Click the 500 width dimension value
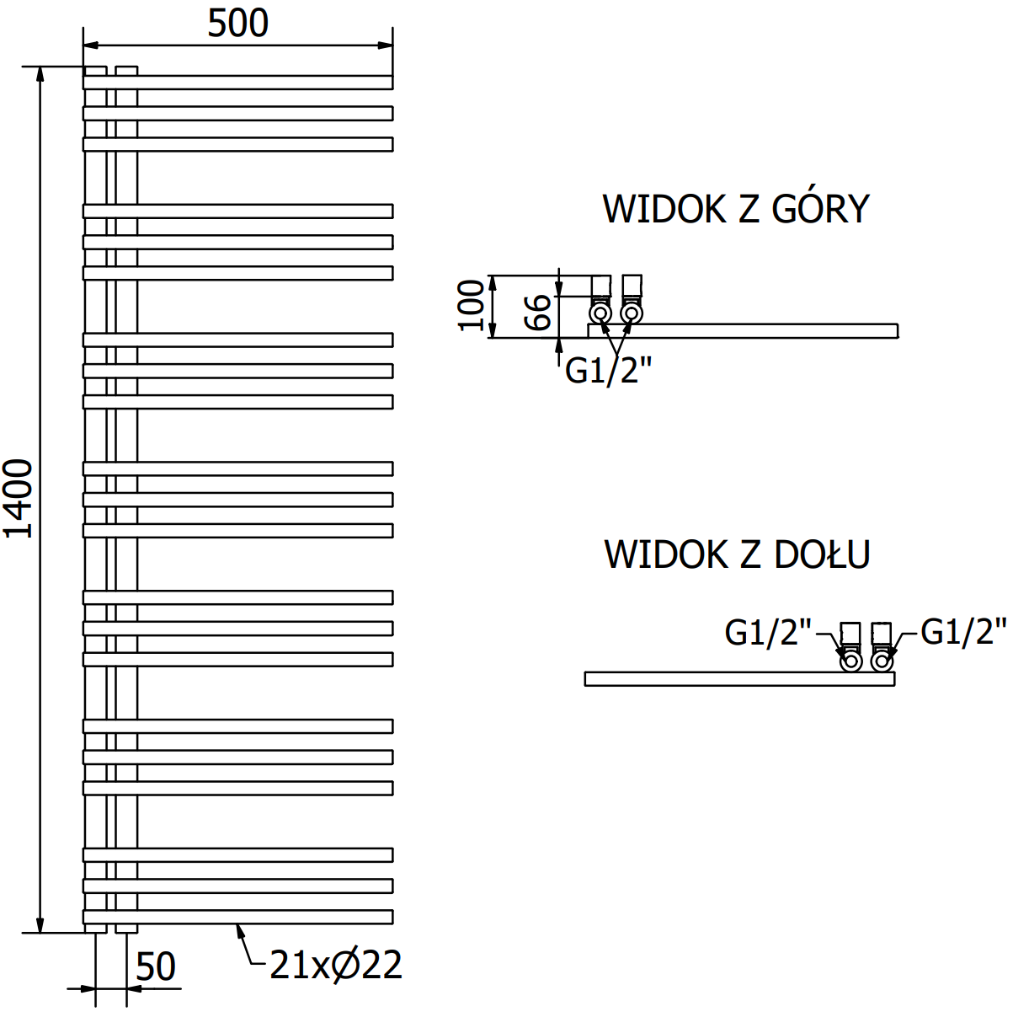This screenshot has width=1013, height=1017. click(238, 24)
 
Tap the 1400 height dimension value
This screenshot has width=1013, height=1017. click(19, 498)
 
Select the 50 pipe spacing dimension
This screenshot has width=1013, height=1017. click(156, 967)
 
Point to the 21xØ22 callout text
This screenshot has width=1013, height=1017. click(336, 966)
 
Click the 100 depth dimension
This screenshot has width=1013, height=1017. click(472, 305)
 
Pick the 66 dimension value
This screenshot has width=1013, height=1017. click(539, 312)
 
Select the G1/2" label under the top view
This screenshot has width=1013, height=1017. click(608, 370)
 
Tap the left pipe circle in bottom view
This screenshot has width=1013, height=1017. click(851, 661)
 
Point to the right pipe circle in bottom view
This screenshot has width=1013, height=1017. click(882, 661)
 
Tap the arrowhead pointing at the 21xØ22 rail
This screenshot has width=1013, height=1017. click(238, 929)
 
